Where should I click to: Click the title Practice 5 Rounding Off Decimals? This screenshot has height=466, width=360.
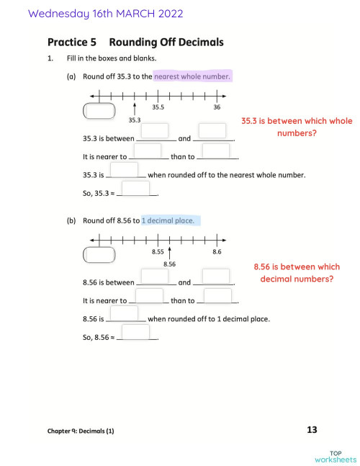[x=135, y=42]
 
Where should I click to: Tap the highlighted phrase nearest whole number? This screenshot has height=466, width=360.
[x=192, y=76]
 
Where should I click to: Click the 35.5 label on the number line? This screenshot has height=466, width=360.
[x=158, y=107]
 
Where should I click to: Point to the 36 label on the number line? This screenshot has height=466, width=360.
[x=217, y=107]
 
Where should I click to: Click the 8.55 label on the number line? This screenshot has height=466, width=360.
[x=158, y=252]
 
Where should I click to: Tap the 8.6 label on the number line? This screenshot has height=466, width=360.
[x=217, y=252]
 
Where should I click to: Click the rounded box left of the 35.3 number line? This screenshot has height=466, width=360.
[x=99, y=111]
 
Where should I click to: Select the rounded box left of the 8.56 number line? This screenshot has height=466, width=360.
[x=99, y=255]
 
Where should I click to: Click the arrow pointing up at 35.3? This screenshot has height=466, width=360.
[x=135, y=108]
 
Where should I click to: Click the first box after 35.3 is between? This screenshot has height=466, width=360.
[x=155, y=131]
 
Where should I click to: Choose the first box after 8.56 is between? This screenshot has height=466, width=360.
[x=155, y=276]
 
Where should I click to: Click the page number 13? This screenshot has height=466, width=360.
[x=312, y=430]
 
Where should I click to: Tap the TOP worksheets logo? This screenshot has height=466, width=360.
[x=335, y=456]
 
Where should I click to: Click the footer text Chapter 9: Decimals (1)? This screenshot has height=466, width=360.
[x=81, y=431]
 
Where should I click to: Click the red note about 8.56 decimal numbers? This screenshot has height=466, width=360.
[x=297, y=273]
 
